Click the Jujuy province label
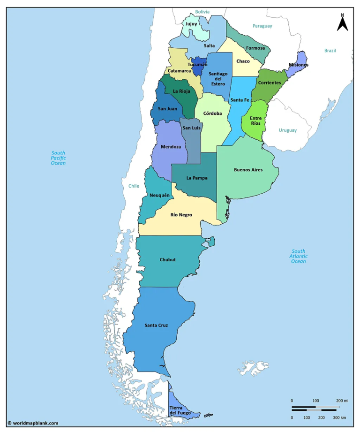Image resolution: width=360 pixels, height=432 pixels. tap(191, 24)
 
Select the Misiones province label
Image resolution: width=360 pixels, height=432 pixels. tap(299, 65)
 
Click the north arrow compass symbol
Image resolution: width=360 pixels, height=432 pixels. tap(342, 23)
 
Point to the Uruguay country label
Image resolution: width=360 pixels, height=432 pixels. tap(287, 130)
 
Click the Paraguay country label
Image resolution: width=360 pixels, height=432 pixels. tap(262, 26)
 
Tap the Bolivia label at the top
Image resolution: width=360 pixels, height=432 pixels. tap(202, 12)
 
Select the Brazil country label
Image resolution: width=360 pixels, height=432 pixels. tap(330, 51)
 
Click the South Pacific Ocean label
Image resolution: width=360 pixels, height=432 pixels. tap(59, 158)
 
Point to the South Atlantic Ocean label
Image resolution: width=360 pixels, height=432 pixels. tap(298, 256)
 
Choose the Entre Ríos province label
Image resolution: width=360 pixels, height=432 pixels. tap(255, 121)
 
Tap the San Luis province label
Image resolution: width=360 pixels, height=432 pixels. tap(191, 128)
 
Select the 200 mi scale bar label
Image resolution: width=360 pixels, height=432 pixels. tap(342, 401)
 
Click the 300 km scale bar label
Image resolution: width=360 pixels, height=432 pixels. tap(340, 417)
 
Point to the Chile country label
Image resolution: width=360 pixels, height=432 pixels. tap(134, 186)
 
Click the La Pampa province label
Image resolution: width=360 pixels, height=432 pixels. tap(196, 178)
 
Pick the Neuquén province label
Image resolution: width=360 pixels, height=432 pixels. tap(159, 195)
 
